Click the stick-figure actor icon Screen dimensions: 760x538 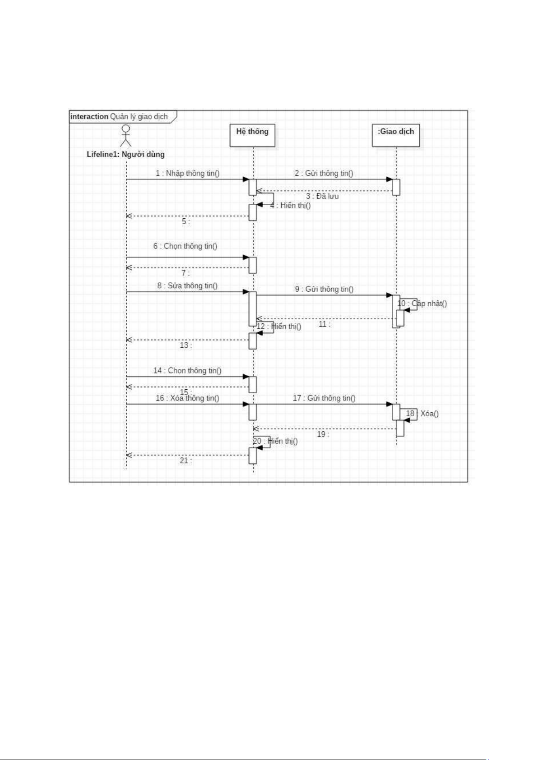pos(126,136)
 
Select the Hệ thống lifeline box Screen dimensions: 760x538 pos(252,135)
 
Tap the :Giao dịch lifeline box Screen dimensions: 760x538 pos(396,135)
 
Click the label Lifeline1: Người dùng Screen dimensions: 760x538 pos(125,154)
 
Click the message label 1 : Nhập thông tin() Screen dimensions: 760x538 pos(188,173)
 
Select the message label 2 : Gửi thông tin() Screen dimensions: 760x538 pos(324,173)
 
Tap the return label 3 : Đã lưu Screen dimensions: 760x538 pos(322,196)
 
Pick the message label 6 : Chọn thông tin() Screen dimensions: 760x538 pos(185,246)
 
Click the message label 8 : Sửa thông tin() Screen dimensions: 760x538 pos(187,286)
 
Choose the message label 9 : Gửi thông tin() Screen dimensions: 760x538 pos(325,289)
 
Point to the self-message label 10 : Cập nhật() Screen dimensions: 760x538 pos(422,303)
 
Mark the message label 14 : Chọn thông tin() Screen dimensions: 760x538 pos(187,370)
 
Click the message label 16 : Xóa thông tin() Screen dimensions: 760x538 pos(187,398)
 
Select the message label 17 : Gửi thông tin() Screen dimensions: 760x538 pos(324,398)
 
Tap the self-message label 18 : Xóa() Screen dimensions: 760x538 pos(422,413)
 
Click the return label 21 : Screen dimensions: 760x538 pos(186,461)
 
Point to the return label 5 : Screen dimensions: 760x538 pos(186,221)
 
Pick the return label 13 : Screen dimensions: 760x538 pos(186,345)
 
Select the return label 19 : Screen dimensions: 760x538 pos(323,434)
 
